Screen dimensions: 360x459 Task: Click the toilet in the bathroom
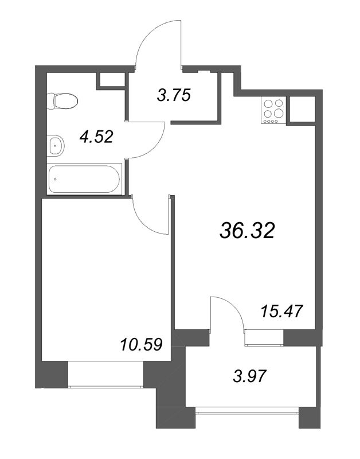click(62, 101)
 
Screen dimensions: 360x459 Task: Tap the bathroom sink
click(56, 145)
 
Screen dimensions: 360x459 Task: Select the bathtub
click(84, 179)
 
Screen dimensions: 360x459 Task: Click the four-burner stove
click(273, 111)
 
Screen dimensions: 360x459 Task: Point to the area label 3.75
click(174, 95)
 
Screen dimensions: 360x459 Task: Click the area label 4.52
click(96, 137)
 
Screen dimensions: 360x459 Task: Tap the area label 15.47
click(281, 311)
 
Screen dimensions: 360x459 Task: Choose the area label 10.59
click(141, 344)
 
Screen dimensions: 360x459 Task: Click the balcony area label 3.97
click(250, 376)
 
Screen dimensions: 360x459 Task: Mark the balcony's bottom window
click(247, 413)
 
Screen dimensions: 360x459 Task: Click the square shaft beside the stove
click(302, 109)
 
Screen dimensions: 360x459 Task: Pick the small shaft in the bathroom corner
click(112, 80)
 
